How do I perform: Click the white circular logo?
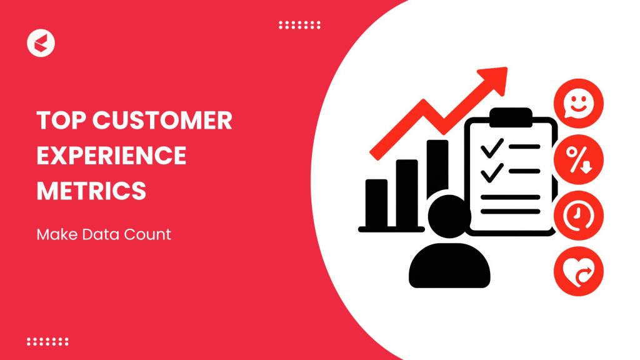[41, 43]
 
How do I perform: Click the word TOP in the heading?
[58, 121]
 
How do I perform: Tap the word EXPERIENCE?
[111, 155]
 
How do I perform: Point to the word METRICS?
[91, 190]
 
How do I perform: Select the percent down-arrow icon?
[579, 159]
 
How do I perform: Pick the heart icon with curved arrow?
[579, 272]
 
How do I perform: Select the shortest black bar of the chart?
[376, 203]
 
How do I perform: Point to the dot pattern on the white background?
[299, 25]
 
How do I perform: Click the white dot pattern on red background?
[47, 341]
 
